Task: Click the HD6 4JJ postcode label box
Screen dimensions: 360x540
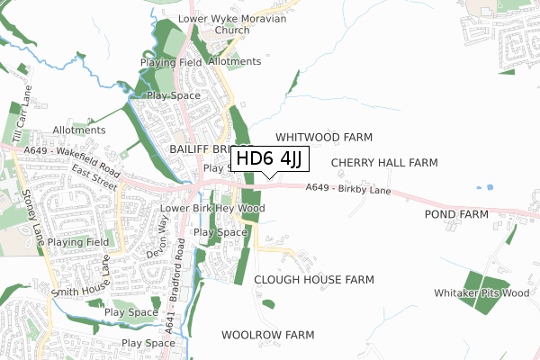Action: point(270,159)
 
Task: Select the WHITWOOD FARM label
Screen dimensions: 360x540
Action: point(323,138)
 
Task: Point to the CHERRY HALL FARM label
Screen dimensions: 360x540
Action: point(384,163)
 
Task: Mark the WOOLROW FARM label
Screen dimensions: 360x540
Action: point(267,335)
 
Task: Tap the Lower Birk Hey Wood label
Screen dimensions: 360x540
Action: point(212,209)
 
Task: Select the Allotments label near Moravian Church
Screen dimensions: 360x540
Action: point(234,61)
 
